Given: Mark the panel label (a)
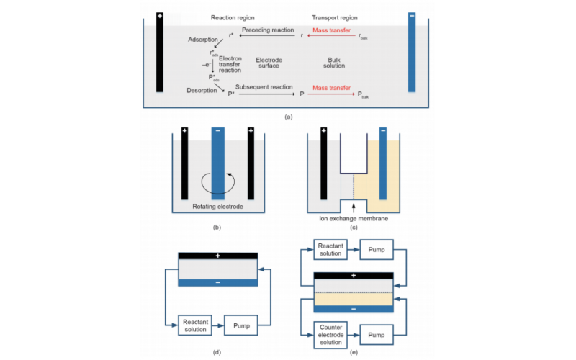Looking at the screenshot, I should tap(288, 115).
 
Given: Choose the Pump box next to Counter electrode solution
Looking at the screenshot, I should tap(377, 335).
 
